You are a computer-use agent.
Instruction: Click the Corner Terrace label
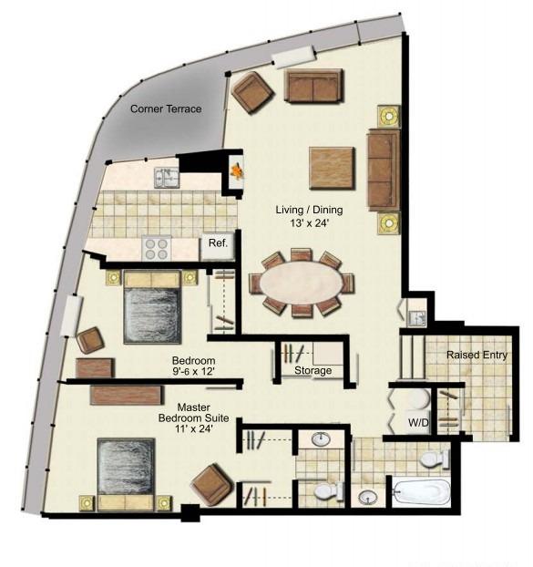pyautogui.click(x=166, y=108)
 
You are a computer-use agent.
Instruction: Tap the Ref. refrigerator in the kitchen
pyautogui.click(x=219, y=245)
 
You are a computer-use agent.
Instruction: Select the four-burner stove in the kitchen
pyautogui.click(x=157, y=248)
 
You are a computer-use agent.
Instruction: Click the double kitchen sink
pyautogui.click(x=167, y=178)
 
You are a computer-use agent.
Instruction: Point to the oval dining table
pyautogui.click(x=302, y=283)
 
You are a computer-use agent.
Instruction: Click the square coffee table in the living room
pyautogui.click(x=332, y=168)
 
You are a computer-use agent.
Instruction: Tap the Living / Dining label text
pyautogui.click(x=309, y=210)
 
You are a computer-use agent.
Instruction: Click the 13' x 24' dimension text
pyautogui.click(x=309, y=223)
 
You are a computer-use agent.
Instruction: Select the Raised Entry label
pyautogui.click(x=477, y=356)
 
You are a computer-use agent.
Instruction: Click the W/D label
pyautogui.click(x=418, y=422)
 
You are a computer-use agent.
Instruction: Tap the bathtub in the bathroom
pyautogui.click(x=421, y=492)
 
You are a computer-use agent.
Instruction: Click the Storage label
pyautogui.click(x=313, y=370)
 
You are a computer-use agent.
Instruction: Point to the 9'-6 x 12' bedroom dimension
pyautogui.click(x=194, y=371)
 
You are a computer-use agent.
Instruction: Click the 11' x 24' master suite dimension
pyautogui.click(x=194, y=428)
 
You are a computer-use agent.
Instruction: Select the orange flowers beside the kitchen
pyautogui.click(x=237, y=170)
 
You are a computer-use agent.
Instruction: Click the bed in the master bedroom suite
pyautogui.click(x=126, y=474)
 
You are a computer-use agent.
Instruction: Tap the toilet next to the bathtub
pyautogui.click(x=436, y=459)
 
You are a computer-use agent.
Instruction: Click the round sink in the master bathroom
pyautogui.click(x=321, y=440)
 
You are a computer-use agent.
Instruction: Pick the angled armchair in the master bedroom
pyautogui.click(x=211, y=485)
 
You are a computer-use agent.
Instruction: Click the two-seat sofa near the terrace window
pyautogui.click(x=313, y=87)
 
